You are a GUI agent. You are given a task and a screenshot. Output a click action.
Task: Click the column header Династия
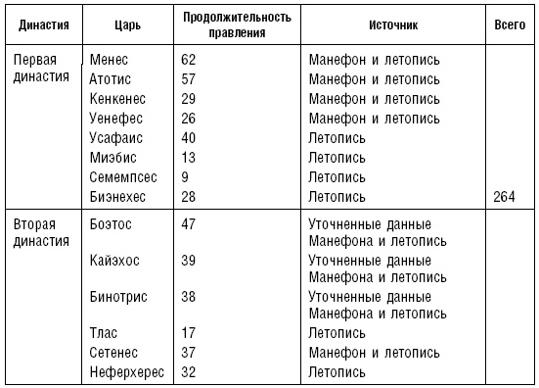coord(37,23)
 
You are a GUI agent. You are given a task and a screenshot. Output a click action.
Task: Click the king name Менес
coord(109,59)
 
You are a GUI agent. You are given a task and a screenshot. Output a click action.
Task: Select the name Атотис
coord(111,78)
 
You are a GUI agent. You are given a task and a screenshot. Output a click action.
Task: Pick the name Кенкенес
coord(119,98)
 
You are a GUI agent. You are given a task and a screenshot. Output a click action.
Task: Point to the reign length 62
coord(189,59)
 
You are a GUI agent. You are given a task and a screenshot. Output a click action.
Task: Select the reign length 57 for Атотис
coord(189,78)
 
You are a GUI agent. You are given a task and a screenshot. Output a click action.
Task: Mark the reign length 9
coord(185,177)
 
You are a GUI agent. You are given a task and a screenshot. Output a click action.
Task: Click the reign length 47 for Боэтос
coord(189,224)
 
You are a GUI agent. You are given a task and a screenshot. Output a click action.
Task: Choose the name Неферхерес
coord(126,371)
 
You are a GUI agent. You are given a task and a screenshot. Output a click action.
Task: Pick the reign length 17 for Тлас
coord(189,333)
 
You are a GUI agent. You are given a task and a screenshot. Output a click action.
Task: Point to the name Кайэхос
coord(115,261)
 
